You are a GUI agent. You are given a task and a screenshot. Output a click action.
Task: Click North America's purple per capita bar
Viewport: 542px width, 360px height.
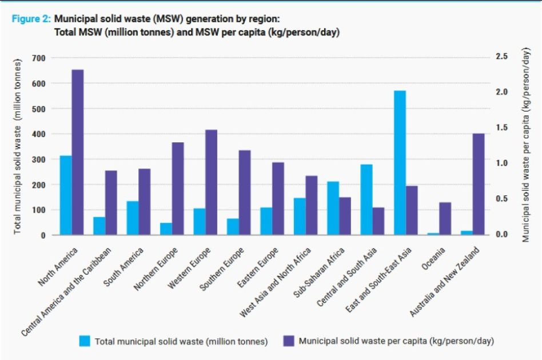[77, 152]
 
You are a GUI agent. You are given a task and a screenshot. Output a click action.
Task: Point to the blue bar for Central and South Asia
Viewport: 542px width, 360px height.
[366, 199]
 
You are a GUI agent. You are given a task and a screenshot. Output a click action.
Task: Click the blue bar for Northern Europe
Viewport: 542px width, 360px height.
[166, 229]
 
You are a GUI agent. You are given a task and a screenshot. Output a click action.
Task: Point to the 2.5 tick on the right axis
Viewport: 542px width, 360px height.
[502, 57]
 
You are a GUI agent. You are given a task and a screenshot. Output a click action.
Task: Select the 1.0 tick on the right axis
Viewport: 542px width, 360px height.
[502, 163]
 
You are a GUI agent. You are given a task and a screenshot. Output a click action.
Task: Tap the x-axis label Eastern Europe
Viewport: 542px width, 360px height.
[258, 269]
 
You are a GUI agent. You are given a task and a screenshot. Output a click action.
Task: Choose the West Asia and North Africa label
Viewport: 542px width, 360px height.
[277, 283]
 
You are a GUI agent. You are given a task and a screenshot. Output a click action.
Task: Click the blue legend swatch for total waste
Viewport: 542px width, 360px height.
[85, 341]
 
